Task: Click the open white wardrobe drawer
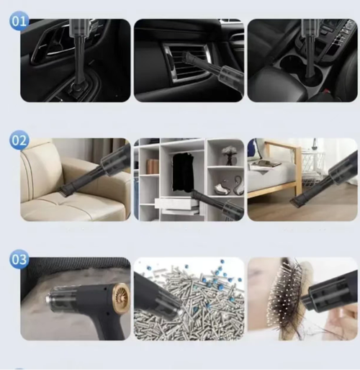click(x=175, y=203)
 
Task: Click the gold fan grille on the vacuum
click(x=118, y=293)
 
